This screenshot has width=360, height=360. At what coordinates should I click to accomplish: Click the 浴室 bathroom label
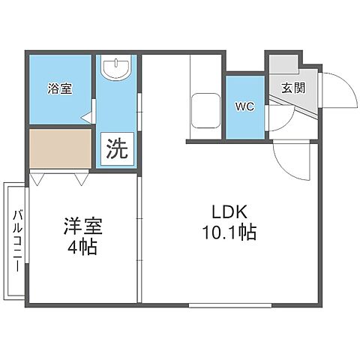coord(61,88)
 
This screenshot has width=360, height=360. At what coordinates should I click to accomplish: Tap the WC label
coord(245,106)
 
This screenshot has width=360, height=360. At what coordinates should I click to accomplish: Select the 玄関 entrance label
coord(292,87)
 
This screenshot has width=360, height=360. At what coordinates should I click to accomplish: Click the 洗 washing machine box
coord(115,148)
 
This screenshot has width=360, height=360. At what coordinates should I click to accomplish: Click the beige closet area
coord(60,149)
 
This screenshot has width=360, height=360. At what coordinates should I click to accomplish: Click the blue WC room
coord(245,120)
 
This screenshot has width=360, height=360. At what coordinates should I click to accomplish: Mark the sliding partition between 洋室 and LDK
coord(139,232)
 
